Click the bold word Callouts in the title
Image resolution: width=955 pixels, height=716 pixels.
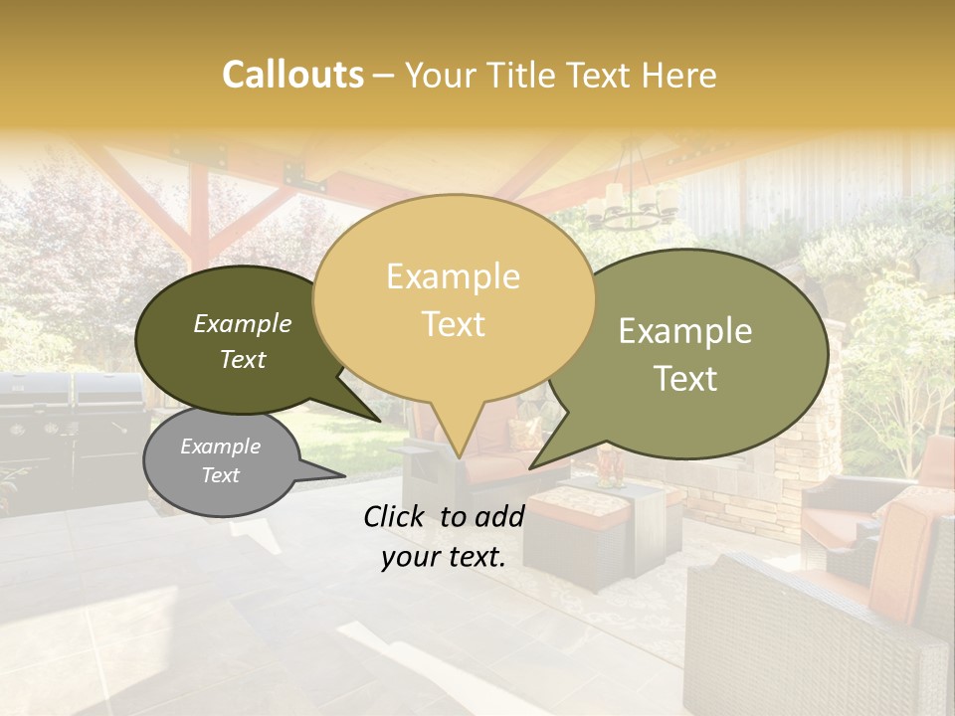click(292, 75)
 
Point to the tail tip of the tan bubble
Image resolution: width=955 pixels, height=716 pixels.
click(459, 456)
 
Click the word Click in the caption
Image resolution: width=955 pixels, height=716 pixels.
click(397, 516)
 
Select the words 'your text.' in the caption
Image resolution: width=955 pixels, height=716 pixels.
click(444, 557)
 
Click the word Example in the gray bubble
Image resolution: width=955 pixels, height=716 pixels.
click(220, 447)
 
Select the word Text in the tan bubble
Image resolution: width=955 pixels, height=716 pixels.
click(453, 324)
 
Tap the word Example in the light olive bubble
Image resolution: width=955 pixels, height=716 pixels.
click(685, 331)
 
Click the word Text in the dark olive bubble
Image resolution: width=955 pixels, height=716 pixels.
click(243, 359)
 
